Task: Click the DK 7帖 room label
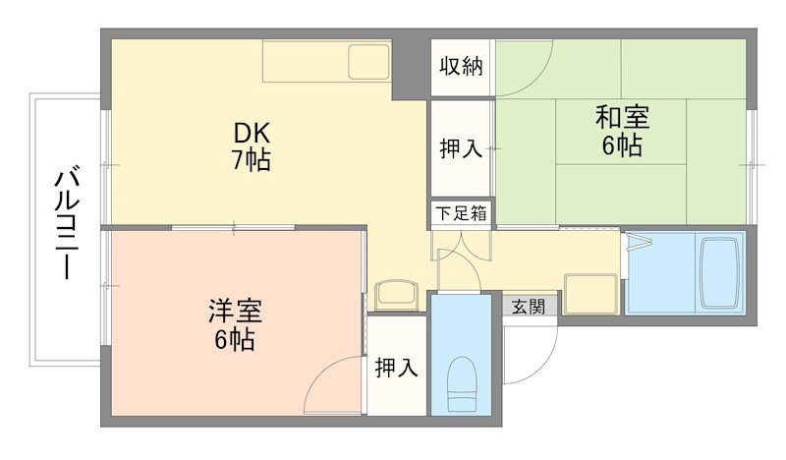coord(252,146)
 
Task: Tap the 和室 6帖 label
coord(621,132)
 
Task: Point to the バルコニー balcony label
coord(67,224)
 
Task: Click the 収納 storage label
coord(460,67)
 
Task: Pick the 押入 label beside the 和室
coord(460,148)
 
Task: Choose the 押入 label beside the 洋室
coord(397,368)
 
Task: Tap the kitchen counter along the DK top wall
coord(327,62)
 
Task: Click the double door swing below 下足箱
coord(462,254)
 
